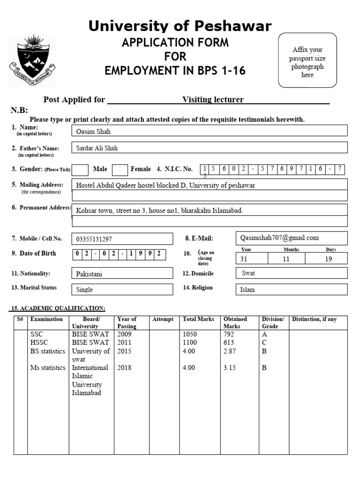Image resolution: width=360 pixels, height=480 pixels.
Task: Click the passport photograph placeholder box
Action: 307,60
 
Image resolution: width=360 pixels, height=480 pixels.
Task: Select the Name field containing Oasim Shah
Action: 209,131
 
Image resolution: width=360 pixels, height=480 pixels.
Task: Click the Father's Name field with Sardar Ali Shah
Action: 209,148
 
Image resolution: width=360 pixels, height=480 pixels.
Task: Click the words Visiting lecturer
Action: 213,99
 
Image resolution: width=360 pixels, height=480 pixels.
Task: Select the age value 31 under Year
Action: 244,259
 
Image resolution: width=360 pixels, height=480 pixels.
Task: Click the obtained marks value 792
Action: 229,334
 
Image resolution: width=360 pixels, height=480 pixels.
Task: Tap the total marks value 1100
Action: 190,343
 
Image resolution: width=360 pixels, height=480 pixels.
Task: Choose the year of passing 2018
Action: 125,368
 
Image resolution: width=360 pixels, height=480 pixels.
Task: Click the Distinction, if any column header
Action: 314,319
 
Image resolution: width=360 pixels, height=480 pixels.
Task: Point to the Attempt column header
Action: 163,319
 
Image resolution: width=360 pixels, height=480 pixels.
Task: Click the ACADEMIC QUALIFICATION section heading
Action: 58,308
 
